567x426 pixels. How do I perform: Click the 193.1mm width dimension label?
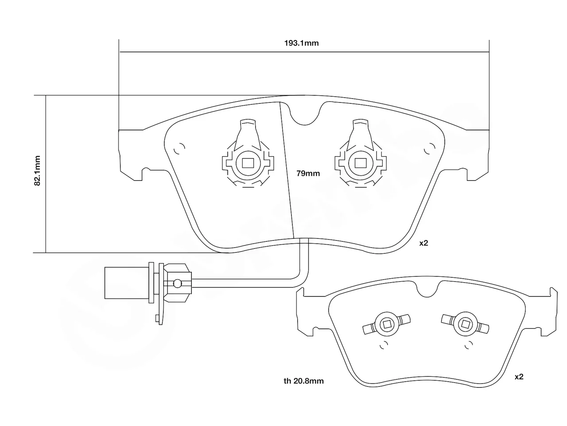302,43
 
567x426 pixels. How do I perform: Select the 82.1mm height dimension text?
37,171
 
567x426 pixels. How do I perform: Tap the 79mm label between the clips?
308,174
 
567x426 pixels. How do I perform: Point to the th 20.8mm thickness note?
303,381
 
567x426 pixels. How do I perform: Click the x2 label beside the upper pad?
423,243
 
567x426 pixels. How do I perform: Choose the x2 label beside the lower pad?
519,377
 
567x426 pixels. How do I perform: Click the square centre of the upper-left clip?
248,163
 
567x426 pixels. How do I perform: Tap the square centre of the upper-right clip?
360,163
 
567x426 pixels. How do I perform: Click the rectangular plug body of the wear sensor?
127,283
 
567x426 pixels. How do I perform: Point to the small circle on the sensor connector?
178,284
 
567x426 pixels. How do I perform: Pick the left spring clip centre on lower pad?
387,324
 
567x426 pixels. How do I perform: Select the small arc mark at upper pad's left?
179,148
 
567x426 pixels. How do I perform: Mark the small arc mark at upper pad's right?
430,148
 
